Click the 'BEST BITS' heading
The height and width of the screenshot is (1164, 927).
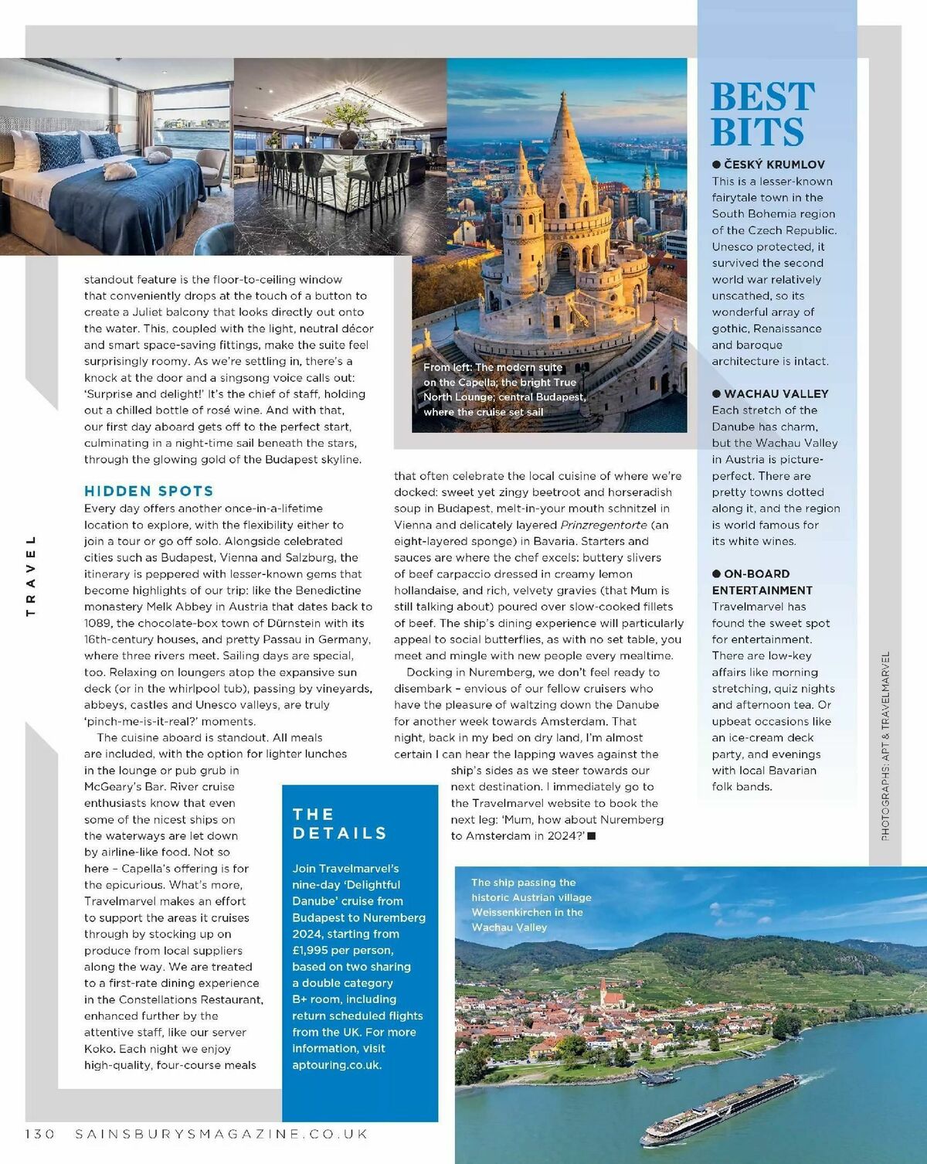tap(762, 114)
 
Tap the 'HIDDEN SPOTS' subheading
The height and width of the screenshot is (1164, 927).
tap(148, 491)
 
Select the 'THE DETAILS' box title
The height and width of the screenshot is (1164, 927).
tap(339, 823)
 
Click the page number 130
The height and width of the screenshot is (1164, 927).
tap(40, 1134)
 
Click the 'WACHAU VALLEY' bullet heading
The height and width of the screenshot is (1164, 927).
tap(776, 393)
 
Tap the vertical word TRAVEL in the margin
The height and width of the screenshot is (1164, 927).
tap(31, 576)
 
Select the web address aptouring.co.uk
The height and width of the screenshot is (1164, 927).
tap(337, 1064)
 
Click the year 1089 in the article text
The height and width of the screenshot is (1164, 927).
tap(97, 623)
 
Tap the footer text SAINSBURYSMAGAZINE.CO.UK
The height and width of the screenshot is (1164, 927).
tap(221, 1134)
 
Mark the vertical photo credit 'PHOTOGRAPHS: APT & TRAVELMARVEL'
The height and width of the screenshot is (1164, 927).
tap(885, 746)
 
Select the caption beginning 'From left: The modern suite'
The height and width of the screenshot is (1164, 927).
tap(504, 390)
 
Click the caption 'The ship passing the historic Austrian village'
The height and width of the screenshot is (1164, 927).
tap(531, 904)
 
